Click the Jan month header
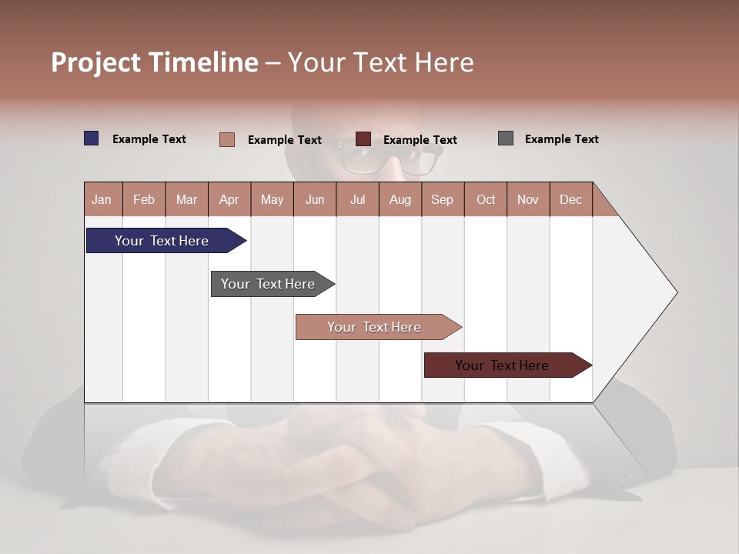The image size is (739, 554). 102,199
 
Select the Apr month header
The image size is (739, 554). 229,199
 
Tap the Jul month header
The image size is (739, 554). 357,199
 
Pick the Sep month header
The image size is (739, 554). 442,199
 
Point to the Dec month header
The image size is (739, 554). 570,199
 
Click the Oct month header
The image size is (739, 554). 486,199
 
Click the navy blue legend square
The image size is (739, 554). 92,138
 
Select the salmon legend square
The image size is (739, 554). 227,139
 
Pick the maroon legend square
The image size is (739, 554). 363,139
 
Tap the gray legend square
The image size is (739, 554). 506,138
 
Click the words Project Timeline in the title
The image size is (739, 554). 154,62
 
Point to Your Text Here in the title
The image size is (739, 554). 380,62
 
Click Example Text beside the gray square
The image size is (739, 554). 561,139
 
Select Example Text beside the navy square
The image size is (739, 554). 149,139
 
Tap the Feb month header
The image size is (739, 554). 144,199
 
